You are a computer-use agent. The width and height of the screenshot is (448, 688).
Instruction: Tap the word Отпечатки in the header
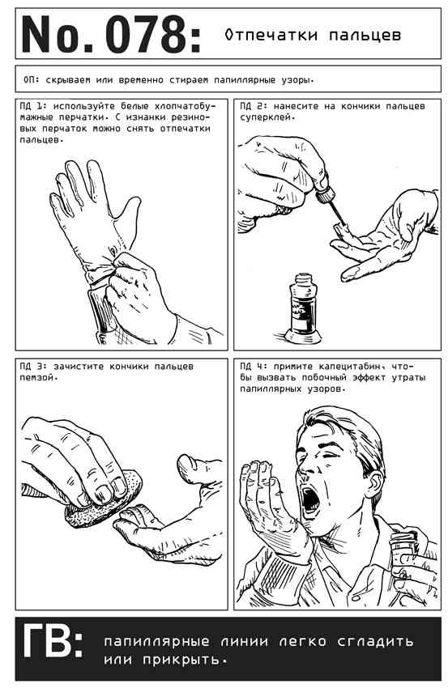point(271,35)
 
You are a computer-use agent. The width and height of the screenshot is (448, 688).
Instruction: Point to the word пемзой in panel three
point(37,377)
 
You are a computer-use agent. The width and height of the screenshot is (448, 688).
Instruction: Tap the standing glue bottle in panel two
point(303,309)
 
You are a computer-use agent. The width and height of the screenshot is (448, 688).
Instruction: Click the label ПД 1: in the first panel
point(33,106)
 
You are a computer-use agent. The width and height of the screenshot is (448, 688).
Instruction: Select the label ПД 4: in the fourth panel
point(254,367)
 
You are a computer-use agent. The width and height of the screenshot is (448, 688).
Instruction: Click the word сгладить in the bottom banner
point(375,641)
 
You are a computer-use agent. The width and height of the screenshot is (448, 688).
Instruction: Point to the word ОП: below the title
point(31,80)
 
